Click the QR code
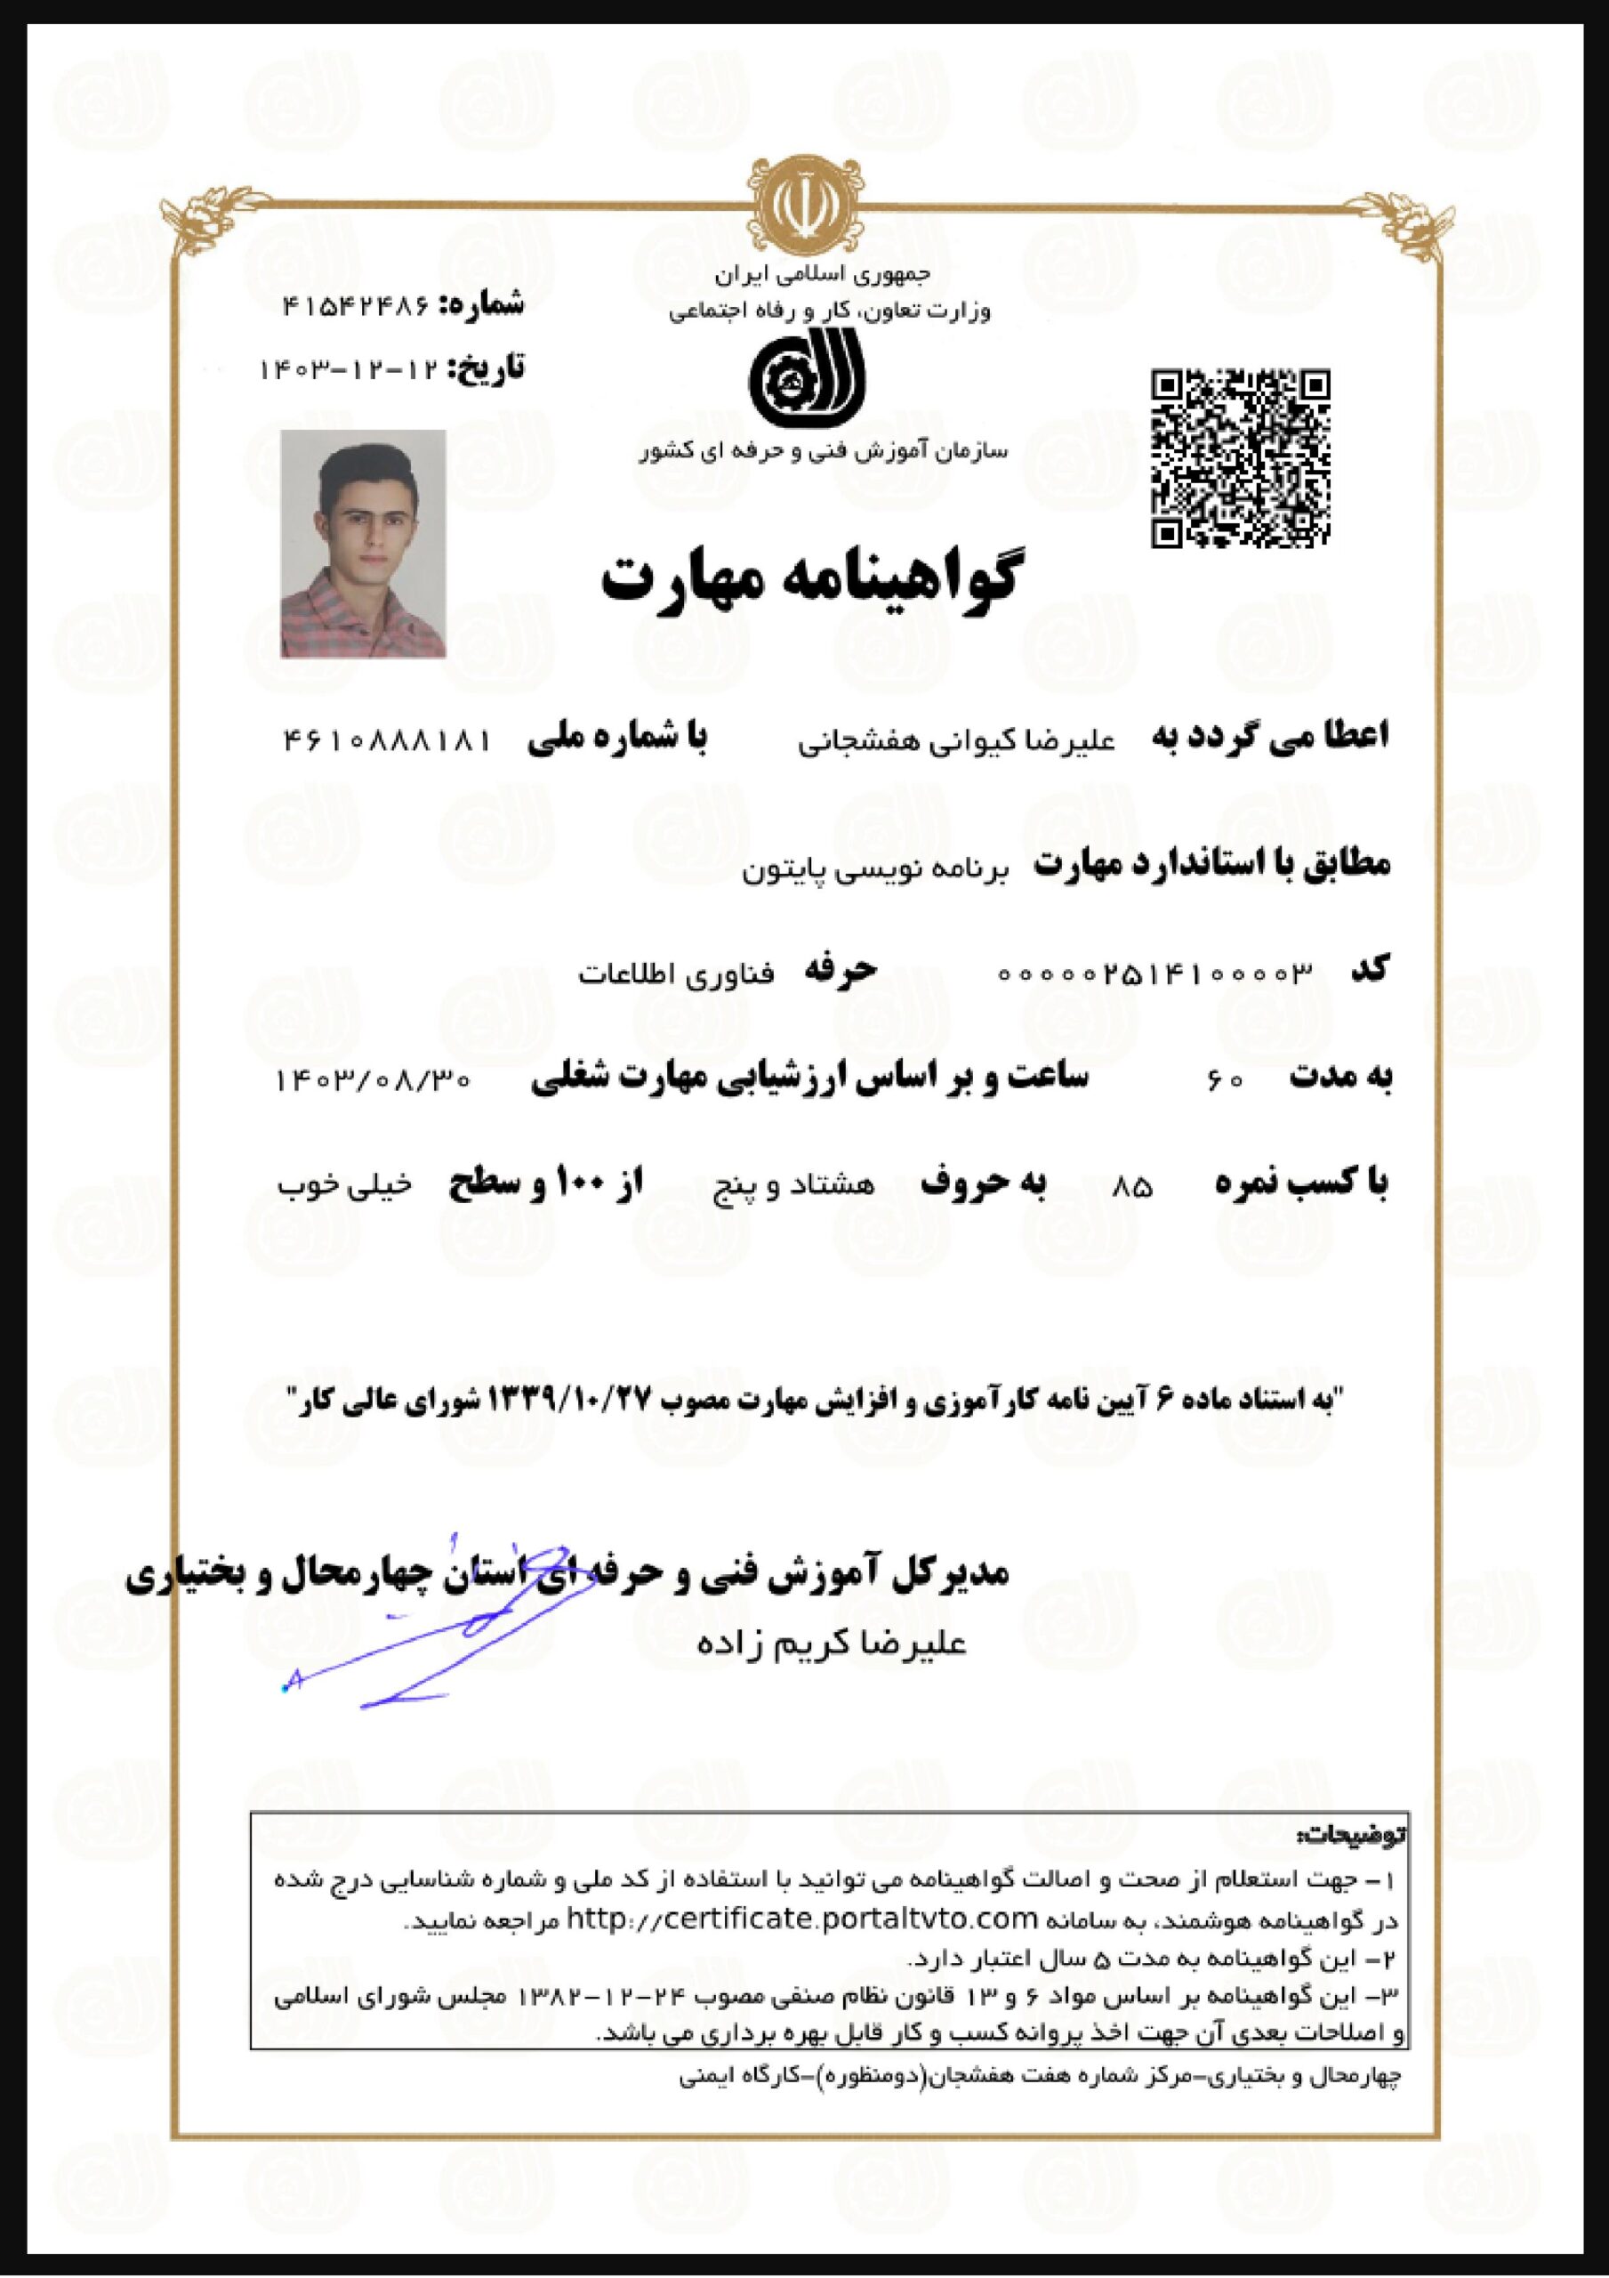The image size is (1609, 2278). (1240, 458)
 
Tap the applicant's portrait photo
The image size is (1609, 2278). (363, 544)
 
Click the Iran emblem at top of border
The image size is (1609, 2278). (803, 206)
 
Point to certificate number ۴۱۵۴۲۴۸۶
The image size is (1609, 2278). (356, 305)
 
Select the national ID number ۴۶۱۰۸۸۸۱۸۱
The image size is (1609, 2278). (387, 740)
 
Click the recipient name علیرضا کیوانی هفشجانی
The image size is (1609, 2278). (956, 741)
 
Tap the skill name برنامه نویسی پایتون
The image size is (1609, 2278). (876, 870)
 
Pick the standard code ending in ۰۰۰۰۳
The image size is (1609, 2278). (1154, 973)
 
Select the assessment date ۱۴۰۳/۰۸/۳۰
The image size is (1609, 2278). (373, 1079)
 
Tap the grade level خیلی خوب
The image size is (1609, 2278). (343, 1185)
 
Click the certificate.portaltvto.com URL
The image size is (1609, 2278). (801, 1919)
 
